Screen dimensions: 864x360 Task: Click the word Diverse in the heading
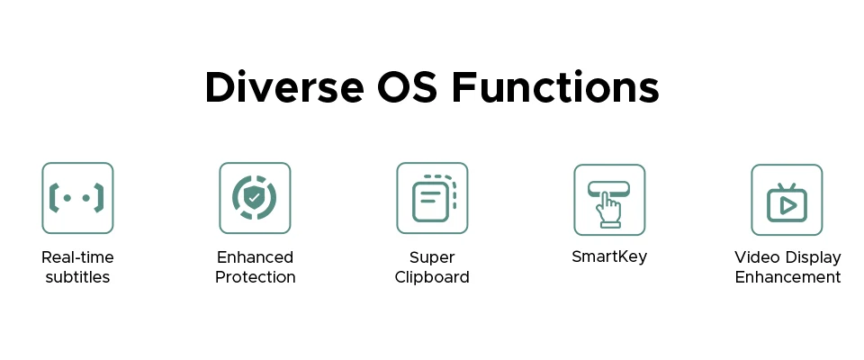pyautogui.click(x=284, y=87)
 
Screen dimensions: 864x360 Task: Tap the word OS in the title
pyautogui.click(x=407, y=87)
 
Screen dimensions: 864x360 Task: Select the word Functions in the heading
pyautogui.click(x=555, y=87)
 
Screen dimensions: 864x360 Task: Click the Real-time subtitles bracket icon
pyautogui.click(x=77, y=198)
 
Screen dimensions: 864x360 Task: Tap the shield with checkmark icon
pyautogui.click(x=255, y=198)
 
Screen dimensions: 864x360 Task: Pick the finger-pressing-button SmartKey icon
pyautogui.click(x=609, y=200)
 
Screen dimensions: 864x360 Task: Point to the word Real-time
pyautogui.click(x=77, y=257)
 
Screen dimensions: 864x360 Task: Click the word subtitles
pyautogui.click(x=77, y=277)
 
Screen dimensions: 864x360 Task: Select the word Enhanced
pyautogui.click(x=255, y=257)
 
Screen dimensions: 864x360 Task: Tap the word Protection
pyautogui.click(x=255, y=277)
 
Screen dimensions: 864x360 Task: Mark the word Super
pyautogui.click(x=432, y=258)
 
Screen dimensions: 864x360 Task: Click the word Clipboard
pyautogui.click(x=432, y=277)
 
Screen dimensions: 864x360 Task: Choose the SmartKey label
pyautogui.click(x=609, y=256)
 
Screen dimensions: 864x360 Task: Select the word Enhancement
pyautogui.click(x=788, y=277)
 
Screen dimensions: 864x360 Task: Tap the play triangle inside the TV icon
pyautogui.click(x=788, y=205)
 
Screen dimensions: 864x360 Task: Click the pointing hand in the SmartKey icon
pyautogui.click(x=609, y=210)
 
